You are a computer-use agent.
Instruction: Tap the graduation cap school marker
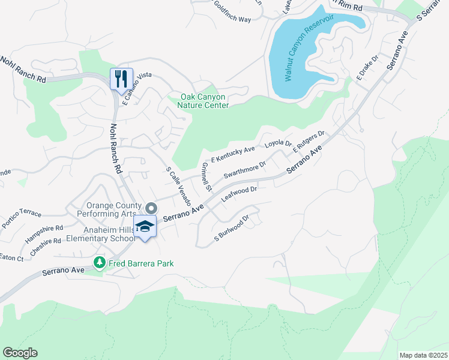[x=145, y=227]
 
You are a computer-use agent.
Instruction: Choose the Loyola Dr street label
[x=278, y=144]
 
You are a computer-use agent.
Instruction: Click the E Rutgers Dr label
[x=309, y=143]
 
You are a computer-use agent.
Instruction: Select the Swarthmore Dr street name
[x=244, y=170]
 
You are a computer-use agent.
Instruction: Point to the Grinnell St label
[x=206, y=176]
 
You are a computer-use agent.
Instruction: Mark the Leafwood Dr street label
[x=239, y=193]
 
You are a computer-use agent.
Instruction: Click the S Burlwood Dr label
[x=232, y=230]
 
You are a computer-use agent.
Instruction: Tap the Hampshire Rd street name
[x=44, y=233]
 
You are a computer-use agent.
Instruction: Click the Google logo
[x=20, y=353]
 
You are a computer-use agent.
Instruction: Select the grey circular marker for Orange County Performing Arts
[x=151, y=208]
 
